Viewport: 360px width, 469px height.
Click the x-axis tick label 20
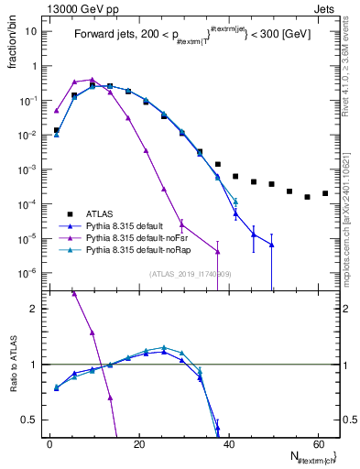pyautogui.click(x=138, y=443)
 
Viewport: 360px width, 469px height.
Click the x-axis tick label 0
pyautogui.click(x=49, y=443)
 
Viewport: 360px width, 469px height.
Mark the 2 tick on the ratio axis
pyautogui.click(x=35, y=309)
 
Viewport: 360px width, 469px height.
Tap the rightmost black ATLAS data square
pyautogui.click(x=325, y=193)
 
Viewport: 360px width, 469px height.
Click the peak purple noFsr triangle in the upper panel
pyautogui.click(x=92, y=80)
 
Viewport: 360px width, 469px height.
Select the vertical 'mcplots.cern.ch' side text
pyautogui.click(x=352, y=202)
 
